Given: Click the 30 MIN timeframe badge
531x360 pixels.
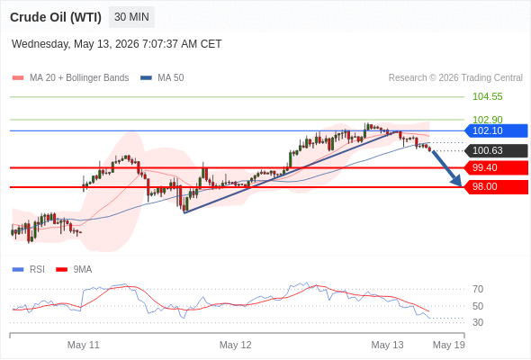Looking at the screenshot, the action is coord(131,17).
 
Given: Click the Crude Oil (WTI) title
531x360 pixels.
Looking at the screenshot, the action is coord(56,17).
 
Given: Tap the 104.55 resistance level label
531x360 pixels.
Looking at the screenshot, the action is coord(487,96).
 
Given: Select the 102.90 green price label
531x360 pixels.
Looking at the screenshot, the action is coord(487,120).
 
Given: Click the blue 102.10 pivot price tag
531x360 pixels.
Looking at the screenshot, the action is coord(496,130).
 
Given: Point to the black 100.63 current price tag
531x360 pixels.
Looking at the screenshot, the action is coord(496,150).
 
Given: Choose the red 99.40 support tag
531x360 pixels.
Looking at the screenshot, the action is coord(496,167).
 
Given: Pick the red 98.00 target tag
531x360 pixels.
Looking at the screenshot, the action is coord(496,186).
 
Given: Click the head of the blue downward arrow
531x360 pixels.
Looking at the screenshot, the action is coord(461,186).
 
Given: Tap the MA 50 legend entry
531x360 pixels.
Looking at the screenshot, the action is coord(162,78).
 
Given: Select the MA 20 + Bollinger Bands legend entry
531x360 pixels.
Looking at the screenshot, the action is coord(70,78).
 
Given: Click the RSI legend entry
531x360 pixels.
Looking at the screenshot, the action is coord(29,270).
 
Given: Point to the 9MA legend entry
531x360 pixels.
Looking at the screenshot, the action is coord(74,270).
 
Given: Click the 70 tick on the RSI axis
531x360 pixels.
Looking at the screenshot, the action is coord(478,289).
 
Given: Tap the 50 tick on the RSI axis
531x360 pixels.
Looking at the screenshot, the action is coord(478,306).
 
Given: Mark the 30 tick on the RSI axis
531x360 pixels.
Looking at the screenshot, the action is coord(478,322).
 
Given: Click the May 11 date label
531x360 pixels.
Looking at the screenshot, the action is coord(84,345).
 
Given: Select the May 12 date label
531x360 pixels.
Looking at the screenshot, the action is coord(236,345).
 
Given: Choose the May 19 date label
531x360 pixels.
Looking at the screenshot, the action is coord(449,345).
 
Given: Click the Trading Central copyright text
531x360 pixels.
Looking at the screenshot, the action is coord(455,78).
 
